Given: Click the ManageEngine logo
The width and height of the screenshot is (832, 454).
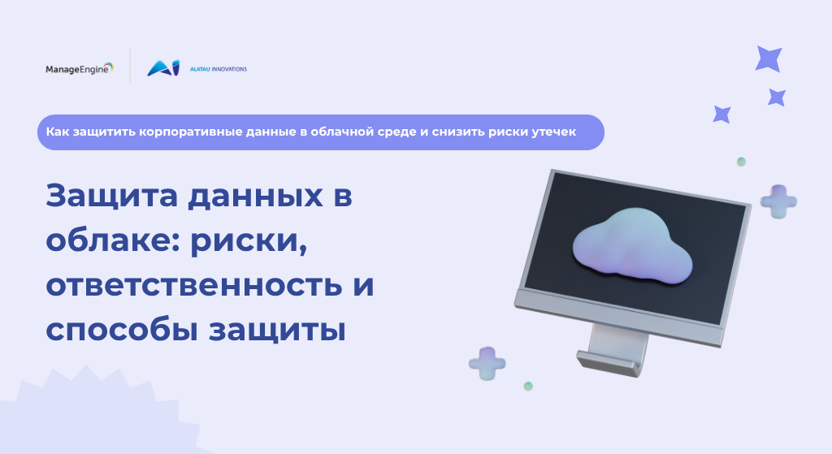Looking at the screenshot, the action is [80, 69].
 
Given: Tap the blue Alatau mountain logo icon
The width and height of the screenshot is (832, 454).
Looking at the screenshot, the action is [163, 68].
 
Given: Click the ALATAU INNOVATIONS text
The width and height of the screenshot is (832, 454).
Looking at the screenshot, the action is [219, 69].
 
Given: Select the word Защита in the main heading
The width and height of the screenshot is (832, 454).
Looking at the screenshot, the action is [111, 196].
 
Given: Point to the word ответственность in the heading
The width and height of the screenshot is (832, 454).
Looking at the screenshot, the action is [193, 285].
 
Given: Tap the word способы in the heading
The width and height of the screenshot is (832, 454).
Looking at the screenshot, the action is [122, 331].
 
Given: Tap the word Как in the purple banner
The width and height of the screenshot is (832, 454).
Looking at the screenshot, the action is [58, 132].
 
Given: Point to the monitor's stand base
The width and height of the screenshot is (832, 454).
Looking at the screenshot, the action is [609, 364].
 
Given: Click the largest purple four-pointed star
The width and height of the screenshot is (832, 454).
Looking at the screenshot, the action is [769, 58].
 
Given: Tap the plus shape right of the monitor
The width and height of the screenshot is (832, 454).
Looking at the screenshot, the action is [778, 201].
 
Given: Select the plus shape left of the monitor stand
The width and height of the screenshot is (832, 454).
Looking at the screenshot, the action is [487, 363].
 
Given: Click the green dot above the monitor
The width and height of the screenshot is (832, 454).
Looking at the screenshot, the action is [741, 162].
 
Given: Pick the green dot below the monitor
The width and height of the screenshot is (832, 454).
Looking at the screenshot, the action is [528, 386].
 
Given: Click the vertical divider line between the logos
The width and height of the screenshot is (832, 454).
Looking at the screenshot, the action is [130, 66].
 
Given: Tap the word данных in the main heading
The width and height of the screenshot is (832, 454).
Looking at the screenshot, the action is [255, 197].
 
